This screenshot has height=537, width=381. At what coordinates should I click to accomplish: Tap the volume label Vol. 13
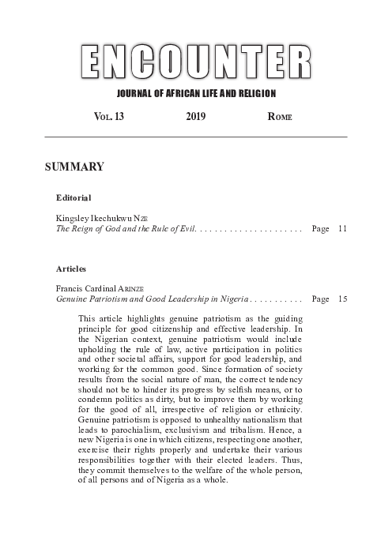tap(108, 117)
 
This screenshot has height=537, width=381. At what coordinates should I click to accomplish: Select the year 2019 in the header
tap(196, 117)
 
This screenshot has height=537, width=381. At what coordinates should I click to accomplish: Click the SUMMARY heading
tap(75, 167)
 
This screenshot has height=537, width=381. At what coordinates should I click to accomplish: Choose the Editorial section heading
tap(74, 197)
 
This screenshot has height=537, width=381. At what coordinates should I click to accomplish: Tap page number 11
tap(342, 227)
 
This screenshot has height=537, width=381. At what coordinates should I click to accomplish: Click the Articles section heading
tap(71, 268)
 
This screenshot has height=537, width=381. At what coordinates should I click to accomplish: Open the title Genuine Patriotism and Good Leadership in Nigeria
tap(151, 299)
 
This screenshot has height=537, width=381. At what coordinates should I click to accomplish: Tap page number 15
tap(342, 299)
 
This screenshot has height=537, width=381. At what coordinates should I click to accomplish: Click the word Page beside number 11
tap(321, 227)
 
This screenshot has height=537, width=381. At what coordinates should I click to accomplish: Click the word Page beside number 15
tap(321, 299)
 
